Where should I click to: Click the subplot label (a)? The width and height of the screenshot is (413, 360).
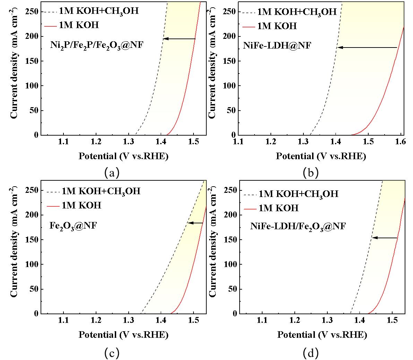(x=112, y=172)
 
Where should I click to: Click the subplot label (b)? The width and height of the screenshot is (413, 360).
(x=310, y=172)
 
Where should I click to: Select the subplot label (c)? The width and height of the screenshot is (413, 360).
(x=112, y=353)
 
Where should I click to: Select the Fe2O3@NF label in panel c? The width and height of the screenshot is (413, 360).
(x=73, y=226)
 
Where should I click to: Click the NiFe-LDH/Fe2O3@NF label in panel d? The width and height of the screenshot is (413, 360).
(x=298, y=227)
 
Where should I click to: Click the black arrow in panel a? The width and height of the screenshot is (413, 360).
(x=179, y=39)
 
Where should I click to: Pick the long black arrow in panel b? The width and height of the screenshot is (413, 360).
(x=368, y=48)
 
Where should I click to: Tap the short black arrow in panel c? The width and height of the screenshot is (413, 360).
(x=195, y=223)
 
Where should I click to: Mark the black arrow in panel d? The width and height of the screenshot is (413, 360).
(x=385, y=238)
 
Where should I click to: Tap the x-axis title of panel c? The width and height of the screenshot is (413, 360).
(x=123, y=335)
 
